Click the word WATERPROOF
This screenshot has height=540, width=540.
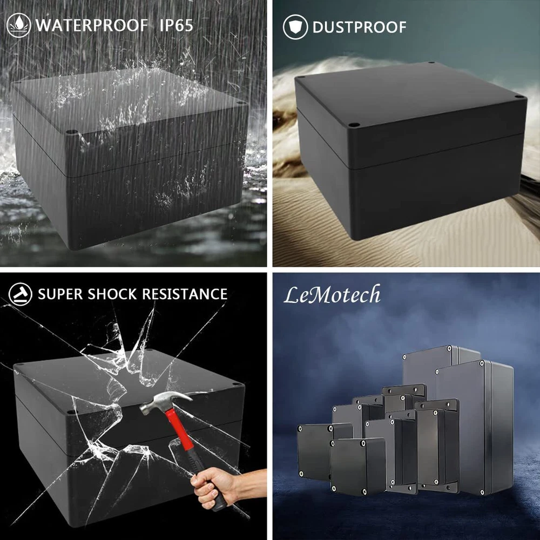point(92,25)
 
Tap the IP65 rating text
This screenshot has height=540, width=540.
point(176,25)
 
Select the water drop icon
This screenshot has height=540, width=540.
point(18,25)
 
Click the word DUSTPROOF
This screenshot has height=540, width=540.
point(359,27)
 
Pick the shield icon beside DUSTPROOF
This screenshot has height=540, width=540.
point(295,27)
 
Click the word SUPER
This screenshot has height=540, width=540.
point(60,294)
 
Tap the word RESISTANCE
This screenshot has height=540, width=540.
point(185,294)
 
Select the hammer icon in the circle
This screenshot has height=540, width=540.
point(21,294)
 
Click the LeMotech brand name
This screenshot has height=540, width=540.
point(332,295)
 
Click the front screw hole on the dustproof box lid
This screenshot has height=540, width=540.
point(353,125)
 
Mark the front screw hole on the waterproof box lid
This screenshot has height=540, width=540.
point(72,132)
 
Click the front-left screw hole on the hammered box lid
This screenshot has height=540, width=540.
point(70,412)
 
